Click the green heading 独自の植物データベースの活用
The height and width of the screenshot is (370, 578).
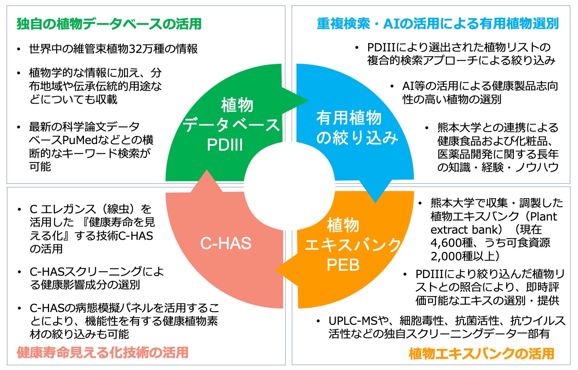(x=109, y=24)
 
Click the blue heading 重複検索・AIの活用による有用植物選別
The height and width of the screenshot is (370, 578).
(x=437, y=24)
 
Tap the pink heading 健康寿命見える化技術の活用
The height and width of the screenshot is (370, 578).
(x=103, y=352)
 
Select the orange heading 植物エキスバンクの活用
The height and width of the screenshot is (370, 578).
(x=481, y=353)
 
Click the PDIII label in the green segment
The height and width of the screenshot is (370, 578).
(x=225, y=145)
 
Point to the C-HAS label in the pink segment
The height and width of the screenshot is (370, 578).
(x=226, y=243)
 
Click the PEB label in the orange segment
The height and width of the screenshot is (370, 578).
(x=343, y=265)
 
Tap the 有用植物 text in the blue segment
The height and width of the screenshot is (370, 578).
(x=349, y=118)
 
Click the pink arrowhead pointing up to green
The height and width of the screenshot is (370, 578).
(x=207, y=180)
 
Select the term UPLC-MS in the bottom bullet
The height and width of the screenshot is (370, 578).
(x=352, y=321)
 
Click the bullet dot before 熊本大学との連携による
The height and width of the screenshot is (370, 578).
(x=427, y=128)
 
